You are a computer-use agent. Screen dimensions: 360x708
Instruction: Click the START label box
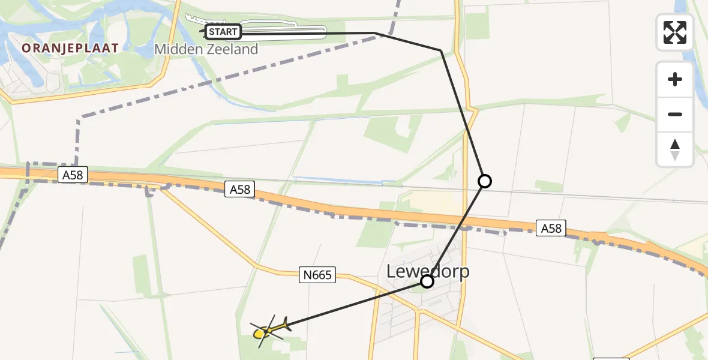(223, 32)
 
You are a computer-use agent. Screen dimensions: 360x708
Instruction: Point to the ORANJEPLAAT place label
(70, 47)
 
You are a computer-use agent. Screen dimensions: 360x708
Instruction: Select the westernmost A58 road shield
(74, 175)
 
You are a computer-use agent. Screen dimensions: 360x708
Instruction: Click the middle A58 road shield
(240, 190)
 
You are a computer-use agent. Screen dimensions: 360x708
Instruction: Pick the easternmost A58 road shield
(551, 228)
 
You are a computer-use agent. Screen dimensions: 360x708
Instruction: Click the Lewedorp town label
(428, 271)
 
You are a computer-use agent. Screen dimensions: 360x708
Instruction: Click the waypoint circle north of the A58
(484, 181)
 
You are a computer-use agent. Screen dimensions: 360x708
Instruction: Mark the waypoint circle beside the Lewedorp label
(427, 281)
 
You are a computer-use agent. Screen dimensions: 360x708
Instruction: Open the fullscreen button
(675, 32)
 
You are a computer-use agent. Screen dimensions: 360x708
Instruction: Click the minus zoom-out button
(675, 114)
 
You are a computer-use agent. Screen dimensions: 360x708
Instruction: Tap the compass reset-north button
(675, 149)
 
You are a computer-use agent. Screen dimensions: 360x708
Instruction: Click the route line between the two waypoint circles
(456, 231)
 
